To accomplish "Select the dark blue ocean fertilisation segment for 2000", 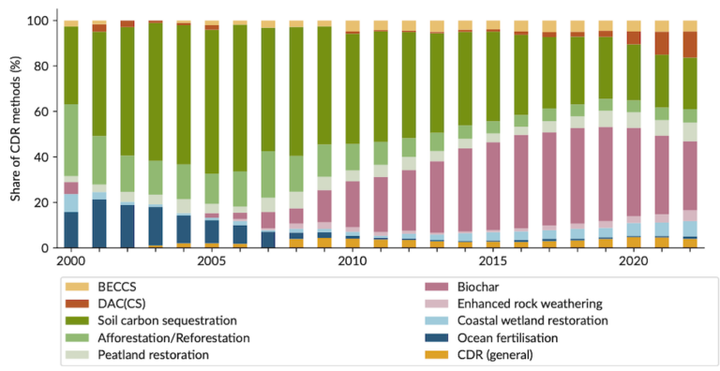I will click(70, 230).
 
